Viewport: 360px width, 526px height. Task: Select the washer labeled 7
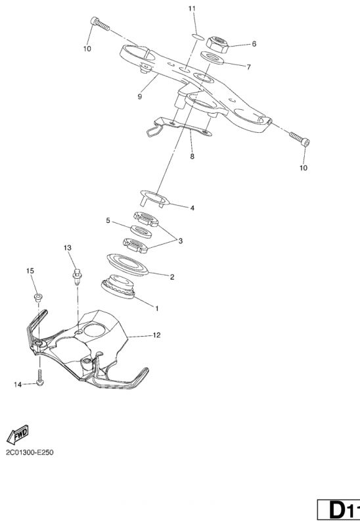point(212,58)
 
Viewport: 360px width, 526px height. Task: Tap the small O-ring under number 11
point(198,36)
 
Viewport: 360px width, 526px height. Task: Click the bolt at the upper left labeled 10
point(100,24)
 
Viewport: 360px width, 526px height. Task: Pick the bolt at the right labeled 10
point(300,139)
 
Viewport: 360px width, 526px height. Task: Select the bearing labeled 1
point(118,287)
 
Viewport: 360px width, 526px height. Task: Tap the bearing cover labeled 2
point(127,264)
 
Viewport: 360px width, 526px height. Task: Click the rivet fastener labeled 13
point(77,277)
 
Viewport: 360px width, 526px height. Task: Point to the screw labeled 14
point(40,377)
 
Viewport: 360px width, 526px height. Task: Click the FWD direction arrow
point(18,434)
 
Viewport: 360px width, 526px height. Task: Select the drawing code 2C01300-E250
point(30,452)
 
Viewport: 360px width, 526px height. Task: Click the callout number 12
point(156,335)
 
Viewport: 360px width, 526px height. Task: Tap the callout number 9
point(140,97)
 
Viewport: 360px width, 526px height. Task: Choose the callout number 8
point(192,156)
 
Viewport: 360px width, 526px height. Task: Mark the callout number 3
point(181,241)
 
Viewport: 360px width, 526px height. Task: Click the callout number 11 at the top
point(192,9)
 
